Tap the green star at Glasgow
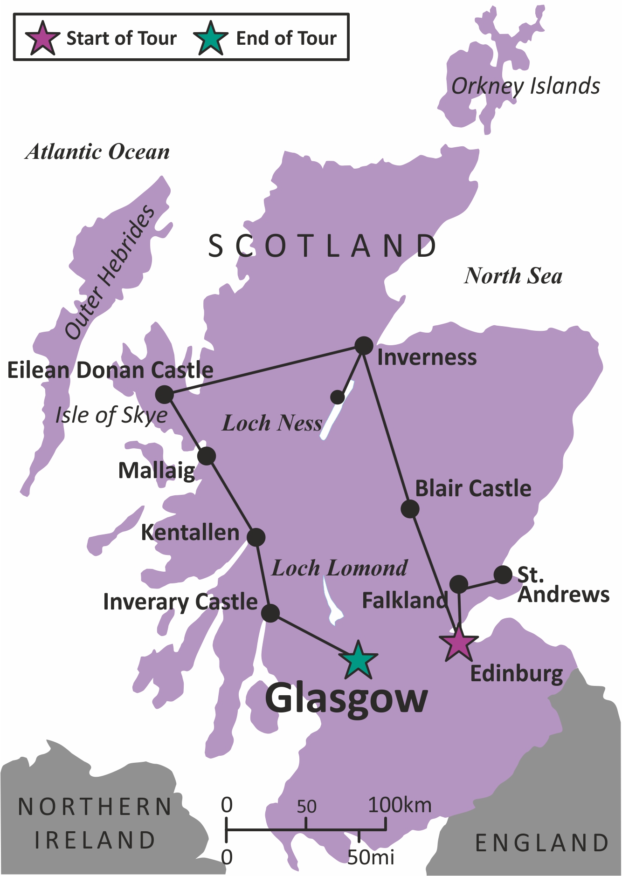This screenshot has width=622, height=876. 358,661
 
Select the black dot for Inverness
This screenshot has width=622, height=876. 364,346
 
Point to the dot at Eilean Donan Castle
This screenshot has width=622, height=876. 164,395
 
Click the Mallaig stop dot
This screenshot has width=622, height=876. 207,456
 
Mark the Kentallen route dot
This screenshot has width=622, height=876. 256,537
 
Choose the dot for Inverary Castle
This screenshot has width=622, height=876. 270,613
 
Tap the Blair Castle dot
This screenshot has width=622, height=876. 410,509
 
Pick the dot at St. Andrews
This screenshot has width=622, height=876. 503,575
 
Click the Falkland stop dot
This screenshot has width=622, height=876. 459,583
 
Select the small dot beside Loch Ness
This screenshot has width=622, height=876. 337,397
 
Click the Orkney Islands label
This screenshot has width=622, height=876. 525,86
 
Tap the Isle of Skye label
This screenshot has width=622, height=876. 111,415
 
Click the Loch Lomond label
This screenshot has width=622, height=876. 339,568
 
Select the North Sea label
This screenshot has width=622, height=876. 513,276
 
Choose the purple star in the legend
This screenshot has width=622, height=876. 42,38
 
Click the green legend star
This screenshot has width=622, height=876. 211,38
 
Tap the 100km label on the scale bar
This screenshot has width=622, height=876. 400,805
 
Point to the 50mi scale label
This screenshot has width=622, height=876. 371,856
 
